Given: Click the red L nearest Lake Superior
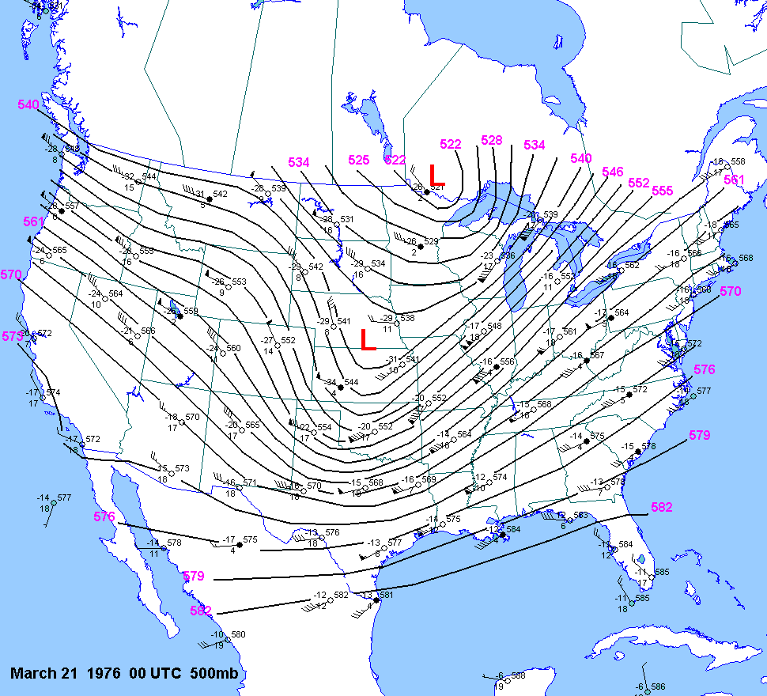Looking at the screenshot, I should [436, 175].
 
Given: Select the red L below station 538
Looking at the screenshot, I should [367, 339].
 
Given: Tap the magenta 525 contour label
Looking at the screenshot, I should [359, 160].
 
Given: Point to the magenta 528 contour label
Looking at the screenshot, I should [492, 141].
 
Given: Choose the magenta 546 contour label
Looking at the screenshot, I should [612, 172].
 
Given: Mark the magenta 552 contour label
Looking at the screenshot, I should [638, 183].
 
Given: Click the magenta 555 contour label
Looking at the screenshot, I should [663, 191].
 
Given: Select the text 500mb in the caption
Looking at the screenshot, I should [214, 674].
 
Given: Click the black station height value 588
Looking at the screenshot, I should [518, 675].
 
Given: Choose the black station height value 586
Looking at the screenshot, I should [658, 687].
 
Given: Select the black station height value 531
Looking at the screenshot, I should [346, 219].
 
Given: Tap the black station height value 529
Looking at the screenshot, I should [431, 241].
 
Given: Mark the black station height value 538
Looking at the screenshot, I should [407, 318].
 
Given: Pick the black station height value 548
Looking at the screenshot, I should [494, 326].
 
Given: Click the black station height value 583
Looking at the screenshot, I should [580, 515].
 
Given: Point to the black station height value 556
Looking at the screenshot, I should [507, 361].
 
